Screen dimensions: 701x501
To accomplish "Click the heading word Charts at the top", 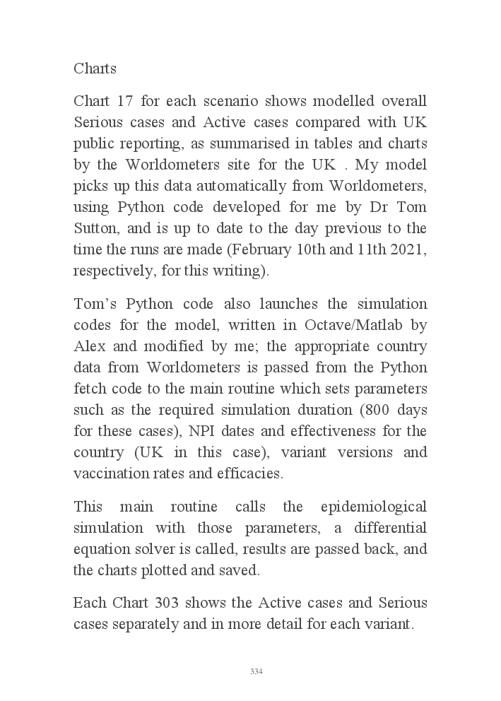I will [95, 69].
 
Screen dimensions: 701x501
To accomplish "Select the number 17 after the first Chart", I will [126, 101].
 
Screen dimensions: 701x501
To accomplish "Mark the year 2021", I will [408, 249].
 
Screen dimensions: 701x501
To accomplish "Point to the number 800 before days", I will [375, 410].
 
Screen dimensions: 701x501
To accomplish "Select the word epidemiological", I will [374, 507].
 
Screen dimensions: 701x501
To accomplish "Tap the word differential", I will [391, 529].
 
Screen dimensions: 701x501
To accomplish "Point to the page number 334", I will [256, 671].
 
